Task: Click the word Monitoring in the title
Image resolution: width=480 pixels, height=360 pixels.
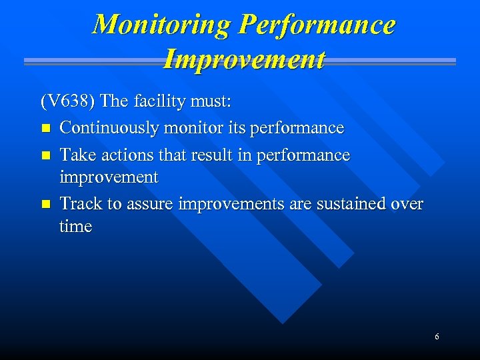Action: point(162,25)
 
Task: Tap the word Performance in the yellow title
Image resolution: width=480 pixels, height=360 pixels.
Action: point(317,25)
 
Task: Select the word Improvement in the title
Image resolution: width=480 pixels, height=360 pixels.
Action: point(244,59)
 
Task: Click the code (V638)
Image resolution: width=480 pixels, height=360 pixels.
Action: point(69,102)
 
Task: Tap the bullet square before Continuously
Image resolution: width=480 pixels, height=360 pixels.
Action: point(45,128)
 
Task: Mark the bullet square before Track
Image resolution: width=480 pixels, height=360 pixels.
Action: point(45,205)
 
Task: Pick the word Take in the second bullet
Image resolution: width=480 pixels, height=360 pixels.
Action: point(75,155)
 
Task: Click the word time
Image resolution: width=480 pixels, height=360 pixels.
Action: point(75,227)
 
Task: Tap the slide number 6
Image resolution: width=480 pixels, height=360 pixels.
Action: point(437,337)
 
